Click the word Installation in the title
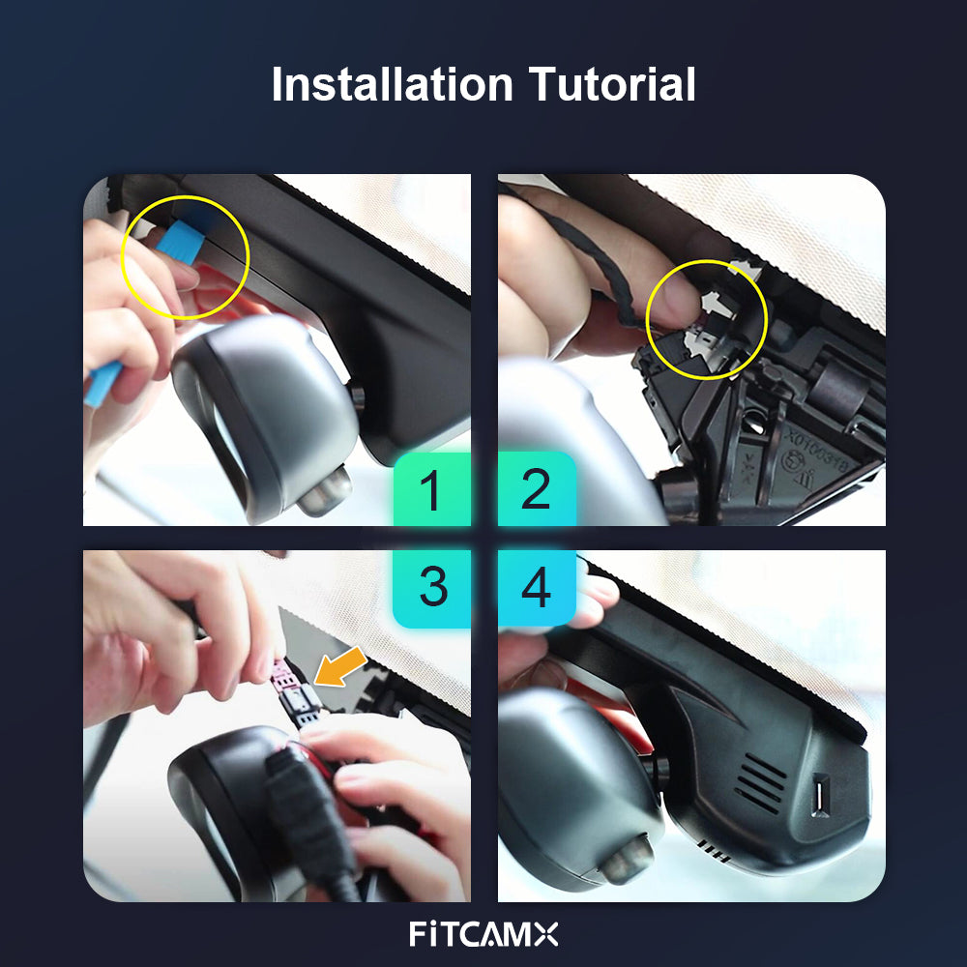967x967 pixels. point(393,84)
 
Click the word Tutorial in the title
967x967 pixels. point(612,84)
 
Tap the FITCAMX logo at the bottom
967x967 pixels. point(483,934)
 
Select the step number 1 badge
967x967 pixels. point(432,488)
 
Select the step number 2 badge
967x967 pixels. point(537,488)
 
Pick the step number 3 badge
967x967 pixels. point(432,587)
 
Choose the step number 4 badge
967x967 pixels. point(537,587)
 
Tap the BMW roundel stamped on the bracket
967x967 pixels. point(793,460)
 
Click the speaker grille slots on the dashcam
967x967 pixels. point(760,782)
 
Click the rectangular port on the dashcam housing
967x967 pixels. point(820,796)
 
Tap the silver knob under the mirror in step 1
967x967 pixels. point(325,490)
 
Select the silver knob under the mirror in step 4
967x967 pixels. point(628,859)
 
